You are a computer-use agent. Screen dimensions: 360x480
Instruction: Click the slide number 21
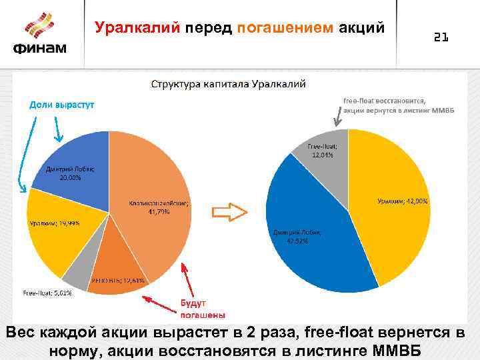pos(441,38)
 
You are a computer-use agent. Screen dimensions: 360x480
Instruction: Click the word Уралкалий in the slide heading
pos(138,27)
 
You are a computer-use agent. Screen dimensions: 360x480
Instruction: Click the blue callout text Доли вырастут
pos(61,105)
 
